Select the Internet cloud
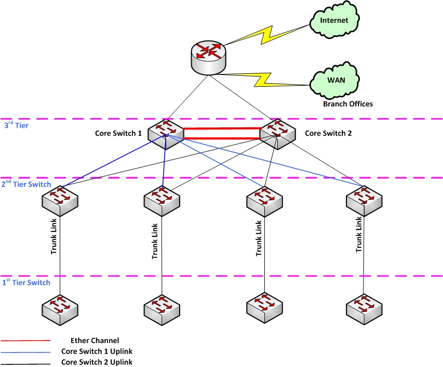334,21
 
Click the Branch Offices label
347,104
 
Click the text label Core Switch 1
118,133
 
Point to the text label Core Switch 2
328,133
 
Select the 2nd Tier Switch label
26,184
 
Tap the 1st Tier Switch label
26,282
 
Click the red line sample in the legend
26,340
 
